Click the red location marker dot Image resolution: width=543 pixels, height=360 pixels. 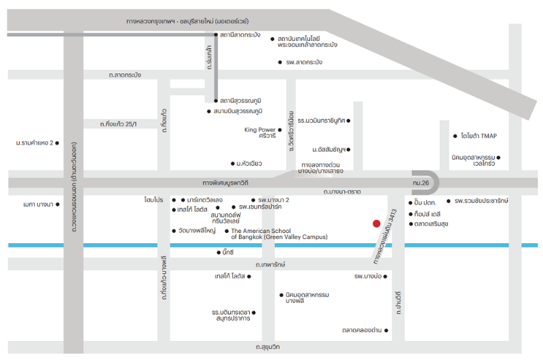click(377, 224)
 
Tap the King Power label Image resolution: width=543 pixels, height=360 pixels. click(260, 130)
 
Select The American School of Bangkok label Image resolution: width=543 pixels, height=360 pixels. click(279, 234)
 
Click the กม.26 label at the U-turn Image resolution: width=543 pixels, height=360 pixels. click(421, 183)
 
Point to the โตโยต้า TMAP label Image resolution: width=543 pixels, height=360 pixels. click(479, 136)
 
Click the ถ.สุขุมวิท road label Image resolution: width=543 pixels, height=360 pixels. click(267, 347)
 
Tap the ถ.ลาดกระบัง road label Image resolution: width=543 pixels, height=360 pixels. click(125, 75)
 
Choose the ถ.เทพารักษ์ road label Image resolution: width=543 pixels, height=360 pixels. click(270, 265)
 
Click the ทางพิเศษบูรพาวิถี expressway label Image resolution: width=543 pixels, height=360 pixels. click(225, 183)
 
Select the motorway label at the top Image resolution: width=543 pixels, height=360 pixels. click(187, 21)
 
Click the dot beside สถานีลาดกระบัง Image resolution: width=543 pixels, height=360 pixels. click(216, 35)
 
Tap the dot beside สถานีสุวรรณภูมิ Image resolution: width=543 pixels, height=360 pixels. click(216, 101)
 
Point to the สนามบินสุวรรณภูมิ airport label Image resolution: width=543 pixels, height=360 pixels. click(238, 111)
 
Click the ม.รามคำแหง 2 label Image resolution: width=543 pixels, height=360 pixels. click(35, 143)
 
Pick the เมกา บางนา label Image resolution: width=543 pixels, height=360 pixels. click(38, 204)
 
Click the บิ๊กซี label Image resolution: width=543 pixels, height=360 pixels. click(228, 252)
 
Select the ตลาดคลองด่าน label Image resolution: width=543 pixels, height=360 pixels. click(362, 330)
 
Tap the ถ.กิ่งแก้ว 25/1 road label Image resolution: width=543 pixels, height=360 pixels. click(118, 124)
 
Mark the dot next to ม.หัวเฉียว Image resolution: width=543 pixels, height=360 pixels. click(233, 164)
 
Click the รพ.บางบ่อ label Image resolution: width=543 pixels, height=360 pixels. click(368, 276)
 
